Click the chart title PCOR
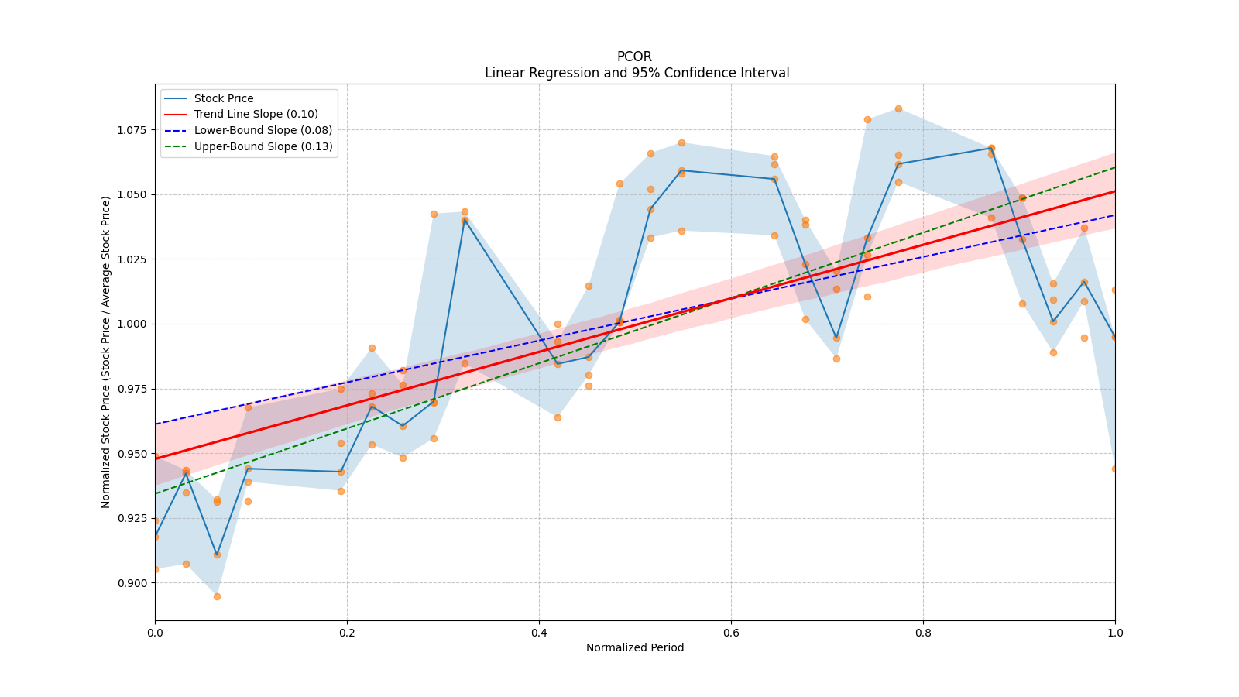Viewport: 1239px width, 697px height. pos(634,57)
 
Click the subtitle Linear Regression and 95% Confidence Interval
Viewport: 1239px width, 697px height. pos(637,73)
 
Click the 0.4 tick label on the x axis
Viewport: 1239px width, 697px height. pos(539,633)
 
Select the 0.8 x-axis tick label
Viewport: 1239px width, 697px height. pos(923,633)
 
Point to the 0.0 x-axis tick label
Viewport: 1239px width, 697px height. pos(155,633)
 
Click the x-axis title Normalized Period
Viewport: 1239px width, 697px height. pos(635,647)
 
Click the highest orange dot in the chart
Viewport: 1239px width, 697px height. pos(898,109)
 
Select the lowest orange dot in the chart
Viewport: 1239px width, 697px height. pos(217,597)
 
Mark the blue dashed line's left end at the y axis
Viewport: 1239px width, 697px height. pos(156,424)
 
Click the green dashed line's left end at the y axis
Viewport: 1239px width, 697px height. pos(156,493)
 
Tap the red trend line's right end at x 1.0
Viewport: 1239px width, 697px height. pos(1114,191)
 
